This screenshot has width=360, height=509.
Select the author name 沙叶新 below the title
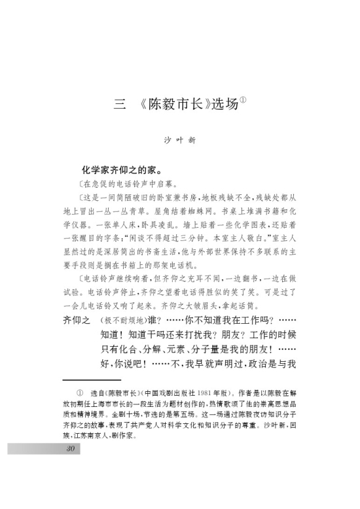179,139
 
